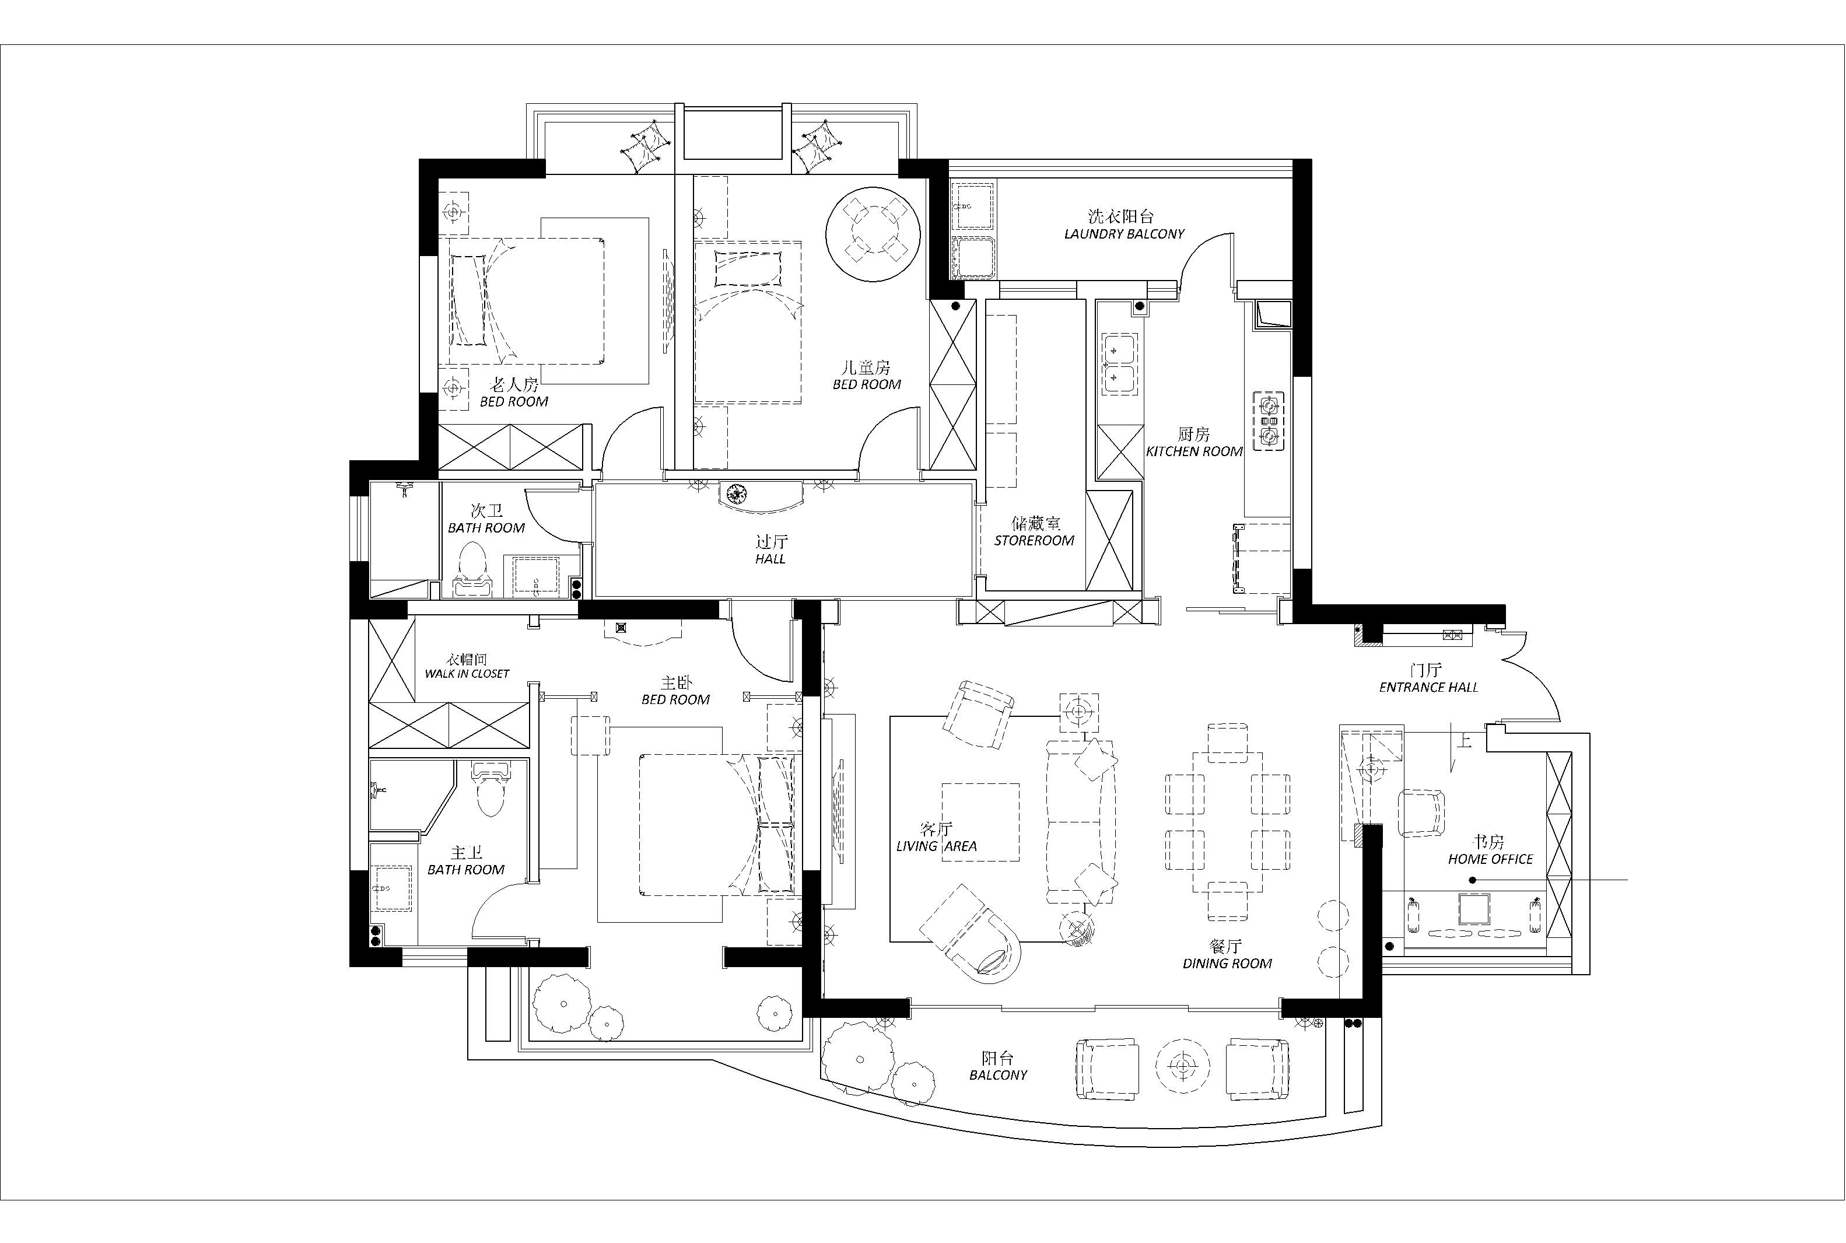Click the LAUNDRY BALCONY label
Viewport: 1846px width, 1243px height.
pyautogui.click(x=1124, y=234)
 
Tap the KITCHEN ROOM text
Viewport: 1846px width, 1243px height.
pyautogui.click(x=1194, y=451)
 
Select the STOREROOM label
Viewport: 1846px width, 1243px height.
pyautogui.click(x=1034, y=541)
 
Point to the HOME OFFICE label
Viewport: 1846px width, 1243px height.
pyautogui.click(x=1490, y=859)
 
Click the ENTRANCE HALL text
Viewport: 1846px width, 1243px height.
pyautogui.click(x=1428, y=687)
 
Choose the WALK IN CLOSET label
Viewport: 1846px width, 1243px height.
pyautogui.click(x=467, y=674)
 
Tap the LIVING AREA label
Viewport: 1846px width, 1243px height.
pyautogui.click(x=936, y=846)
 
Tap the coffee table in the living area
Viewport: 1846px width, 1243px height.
pyautogui.click(x=980, y=822)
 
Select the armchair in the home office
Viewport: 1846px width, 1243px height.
pyautogui.click(x=1421, y=813)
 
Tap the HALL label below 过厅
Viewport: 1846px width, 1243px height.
pyautogui.click(x=770, y=559)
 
